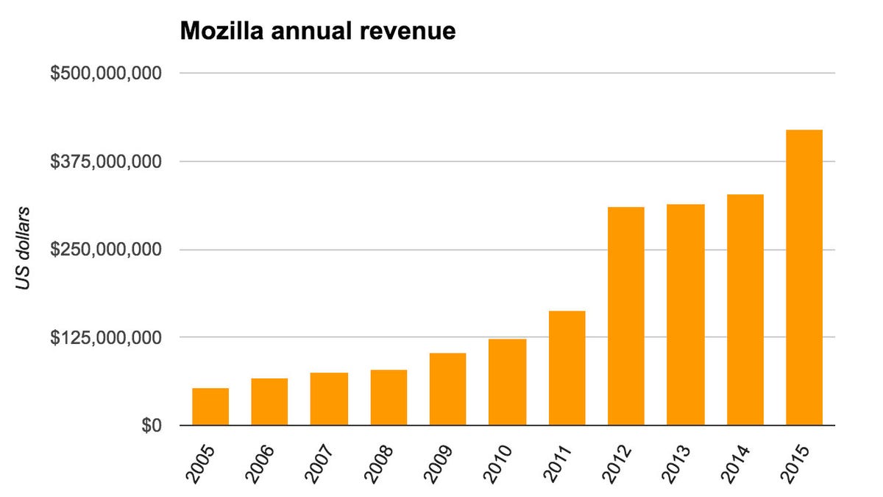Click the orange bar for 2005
pyautogui.click(x=210, y=406)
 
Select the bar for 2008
pyautogui.click(x=389, y=398)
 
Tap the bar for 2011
pyautogui.click(x=567, y=368)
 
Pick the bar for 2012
pyautogui.click(x=626, y=317)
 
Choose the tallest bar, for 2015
pyautogui.click(x=804, y=278)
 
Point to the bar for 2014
pyautogui.click(x=745, y=310)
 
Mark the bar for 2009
pyautogui.click(x=448, y=390)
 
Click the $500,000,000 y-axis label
pyautogui.click(x=106, y=74)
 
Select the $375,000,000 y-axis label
pyautogui.click(x=106, y=161)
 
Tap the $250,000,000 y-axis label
pyautogui.click(x=106, y=250)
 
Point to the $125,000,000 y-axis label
pyautogui.click(x=106, y=338)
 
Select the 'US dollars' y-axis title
pyautogui.click(x=24, y=249)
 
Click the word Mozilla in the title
pyautogui.click(x=221, y=32)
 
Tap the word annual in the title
pyautogui.click(x=317, y=32)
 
